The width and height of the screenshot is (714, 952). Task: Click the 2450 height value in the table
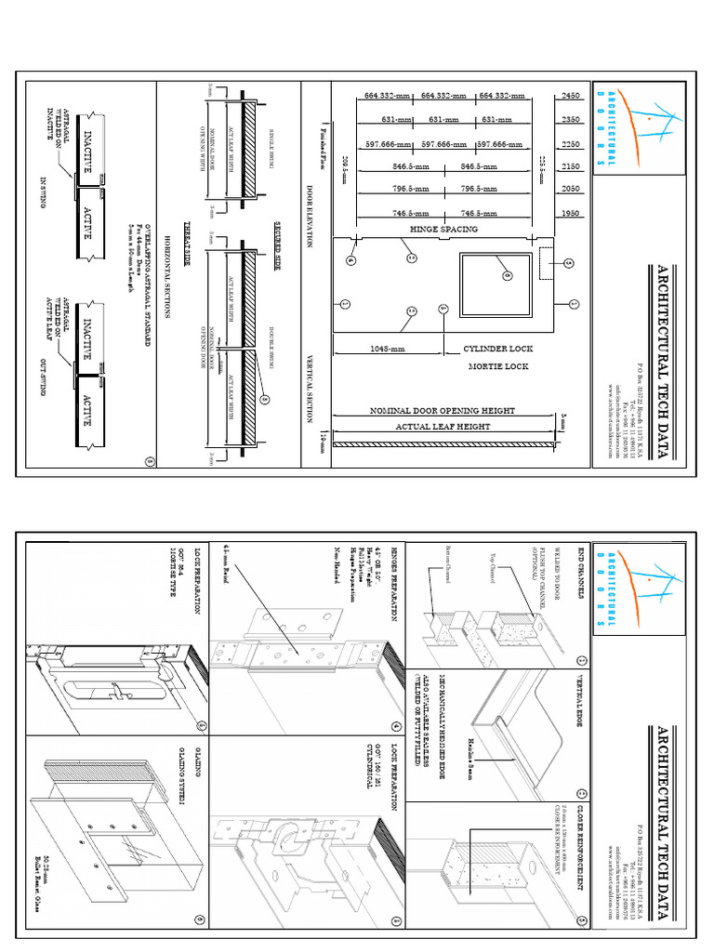coord(570,95)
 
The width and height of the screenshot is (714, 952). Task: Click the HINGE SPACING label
coord(443,228)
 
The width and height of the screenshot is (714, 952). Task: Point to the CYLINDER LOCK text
coord(503,350)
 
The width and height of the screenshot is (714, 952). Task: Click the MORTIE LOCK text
coord(497,367)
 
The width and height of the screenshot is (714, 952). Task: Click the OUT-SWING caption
coord(43,371)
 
